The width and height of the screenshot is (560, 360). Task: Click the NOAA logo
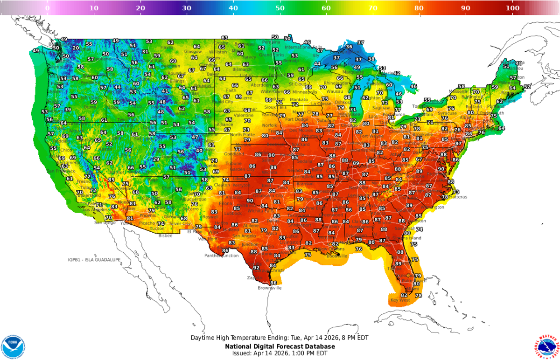point(13,346)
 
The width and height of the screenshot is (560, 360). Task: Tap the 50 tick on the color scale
point(280,8)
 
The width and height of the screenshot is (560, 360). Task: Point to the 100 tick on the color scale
point(512,8)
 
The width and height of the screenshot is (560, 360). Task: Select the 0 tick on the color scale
point(47,8)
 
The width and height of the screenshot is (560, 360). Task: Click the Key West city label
point(400,300)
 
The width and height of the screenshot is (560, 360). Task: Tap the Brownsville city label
point(270,288)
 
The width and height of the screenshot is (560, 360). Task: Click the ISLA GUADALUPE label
point(94,259)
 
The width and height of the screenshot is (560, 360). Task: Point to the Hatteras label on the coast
point(459,197)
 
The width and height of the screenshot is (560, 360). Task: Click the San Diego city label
point(105,222)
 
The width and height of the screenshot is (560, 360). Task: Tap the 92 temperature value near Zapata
point(256,268)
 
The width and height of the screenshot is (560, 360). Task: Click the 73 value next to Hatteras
point(456,192)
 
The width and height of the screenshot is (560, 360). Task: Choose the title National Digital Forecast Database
point(280,346)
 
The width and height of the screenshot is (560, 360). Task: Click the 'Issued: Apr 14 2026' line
point(280,353)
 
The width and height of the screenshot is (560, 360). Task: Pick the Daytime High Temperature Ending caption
point(280,338)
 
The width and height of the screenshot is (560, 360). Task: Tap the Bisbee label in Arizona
point(165,235)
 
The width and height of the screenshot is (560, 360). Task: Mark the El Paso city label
point(195,231)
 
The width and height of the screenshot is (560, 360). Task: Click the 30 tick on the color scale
point(187,8)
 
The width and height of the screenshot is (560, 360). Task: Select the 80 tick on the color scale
point(419,8)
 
